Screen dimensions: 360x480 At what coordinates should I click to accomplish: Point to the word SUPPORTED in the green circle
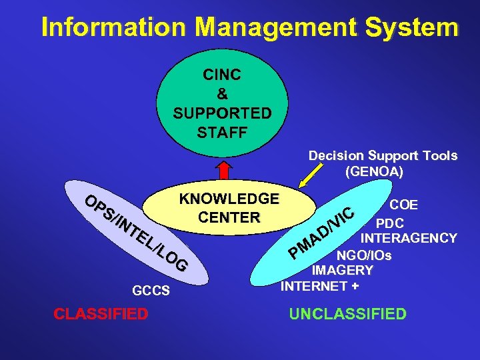pyautogui.click(x=222, y=113)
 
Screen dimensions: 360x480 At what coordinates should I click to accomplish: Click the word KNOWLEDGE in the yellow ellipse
pyautogui.click(x=229, y=199)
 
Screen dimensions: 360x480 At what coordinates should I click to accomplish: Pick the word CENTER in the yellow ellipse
pyautogui.click(x=229, y=217)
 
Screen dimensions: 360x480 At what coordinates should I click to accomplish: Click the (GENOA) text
pyautogui.click(x=375, y=171)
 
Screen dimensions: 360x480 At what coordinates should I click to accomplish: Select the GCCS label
pyautogui.click(x=151, y=291)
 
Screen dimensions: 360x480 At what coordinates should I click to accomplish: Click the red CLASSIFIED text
pyautogui.click(x=101, y=314)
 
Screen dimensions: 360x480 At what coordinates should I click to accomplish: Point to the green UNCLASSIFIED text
pyautogui.click(x=347, y=314)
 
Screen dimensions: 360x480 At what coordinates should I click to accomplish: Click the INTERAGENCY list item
pyautogui.click(x=409, y=238)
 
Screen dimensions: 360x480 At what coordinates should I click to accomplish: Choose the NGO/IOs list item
pyautogui.click(x=363, y=255)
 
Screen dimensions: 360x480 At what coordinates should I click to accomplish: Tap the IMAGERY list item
pyautogui.click(x=343, y=271)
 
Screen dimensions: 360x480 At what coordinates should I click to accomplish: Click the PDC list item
pyautogui.click(x=389, y=222)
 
